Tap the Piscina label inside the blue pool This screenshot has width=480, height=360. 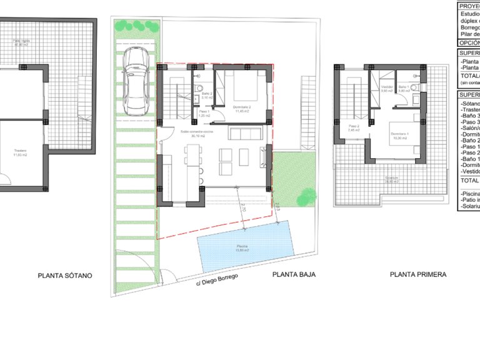242,247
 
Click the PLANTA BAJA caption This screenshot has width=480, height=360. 294,274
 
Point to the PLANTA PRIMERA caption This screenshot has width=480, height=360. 418,274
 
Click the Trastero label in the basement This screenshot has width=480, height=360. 22,151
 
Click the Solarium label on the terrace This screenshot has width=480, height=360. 392,179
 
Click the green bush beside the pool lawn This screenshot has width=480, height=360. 307,194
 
